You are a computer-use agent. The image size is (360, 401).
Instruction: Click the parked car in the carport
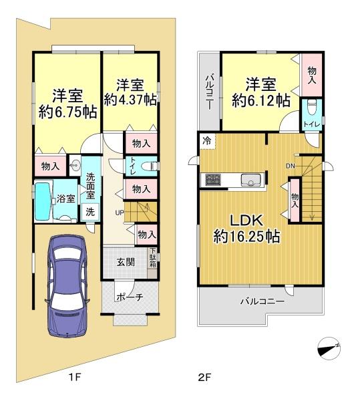coord(67,286)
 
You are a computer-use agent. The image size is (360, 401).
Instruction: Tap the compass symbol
coord(329,348)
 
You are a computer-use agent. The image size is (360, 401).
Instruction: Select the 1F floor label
coord(75,377)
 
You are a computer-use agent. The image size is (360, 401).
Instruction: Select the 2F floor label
coord(204,377)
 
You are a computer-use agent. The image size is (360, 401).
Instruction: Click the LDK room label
coord(246,221)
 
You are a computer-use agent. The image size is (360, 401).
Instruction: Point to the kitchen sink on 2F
coord(251,180)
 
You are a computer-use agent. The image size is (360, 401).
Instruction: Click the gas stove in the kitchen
coord(213,180)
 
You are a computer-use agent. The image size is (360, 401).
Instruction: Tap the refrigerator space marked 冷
coord(208,141)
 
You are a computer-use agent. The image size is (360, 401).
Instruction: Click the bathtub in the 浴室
coord(43,201)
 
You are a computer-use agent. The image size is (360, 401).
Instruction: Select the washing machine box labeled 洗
coord(90,212)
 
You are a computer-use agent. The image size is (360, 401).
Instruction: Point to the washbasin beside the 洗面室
coord(75,165)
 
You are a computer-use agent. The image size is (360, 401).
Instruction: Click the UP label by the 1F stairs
coord(120,213)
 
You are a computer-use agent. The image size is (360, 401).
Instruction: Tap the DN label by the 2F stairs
coord(291,166)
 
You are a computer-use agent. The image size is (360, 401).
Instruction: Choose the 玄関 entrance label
coord(126,262)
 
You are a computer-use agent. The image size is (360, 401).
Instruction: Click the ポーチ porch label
coord(130,297)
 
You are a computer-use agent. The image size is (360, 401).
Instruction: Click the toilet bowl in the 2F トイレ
coord(312,107)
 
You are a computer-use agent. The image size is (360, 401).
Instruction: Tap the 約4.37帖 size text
coord(130,100)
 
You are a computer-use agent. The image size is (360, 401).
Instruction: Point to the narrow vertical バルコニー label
coord(210,92)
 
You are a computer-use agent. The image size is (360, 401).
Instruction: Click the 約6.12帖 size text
coord(261,100)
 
